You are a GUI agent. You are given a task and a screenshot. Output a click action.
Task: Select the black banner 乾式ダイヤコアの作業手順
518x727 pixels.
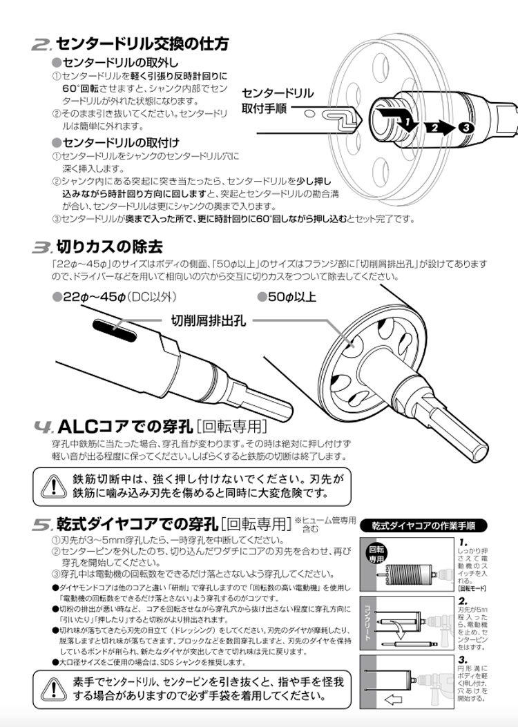click(x=428, y=525)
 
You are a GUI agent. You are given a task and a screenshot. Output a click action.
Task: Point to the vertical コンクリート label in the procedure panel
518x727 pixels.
click(x=367, y=621)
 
